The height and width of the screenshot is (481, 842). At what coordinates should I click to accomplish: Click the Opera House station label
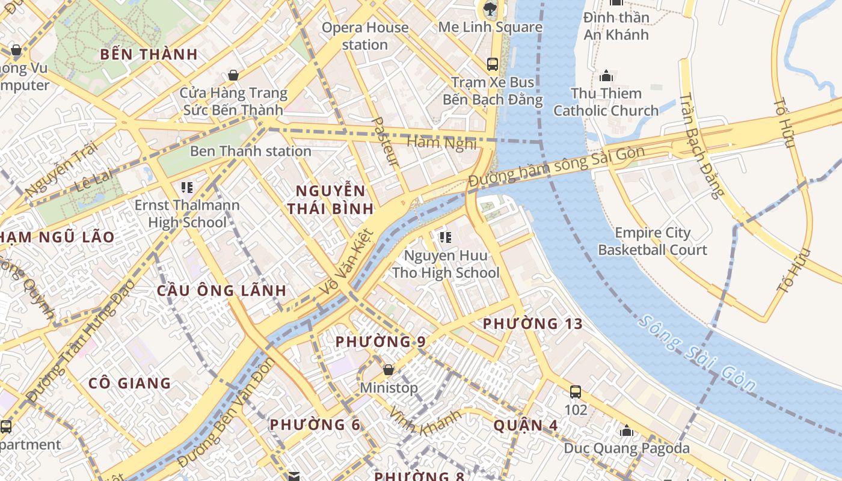[365, 36]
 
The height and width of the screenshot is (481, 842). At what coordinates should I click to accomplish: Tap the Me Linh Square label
[490, 27]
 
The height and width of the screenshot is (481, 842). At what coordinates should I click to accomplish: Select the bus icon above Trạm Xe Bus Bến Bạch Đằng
[493, 64]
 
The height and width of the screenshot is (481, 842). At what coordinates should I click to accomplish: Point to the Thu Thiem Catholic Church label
[606, 102]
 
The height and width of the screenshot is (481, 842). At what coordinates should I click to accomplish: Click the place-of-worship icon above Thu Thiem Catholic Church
[606, 76]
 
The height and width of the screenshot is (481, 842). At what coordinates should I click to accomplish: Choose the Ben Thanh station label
[250, 151]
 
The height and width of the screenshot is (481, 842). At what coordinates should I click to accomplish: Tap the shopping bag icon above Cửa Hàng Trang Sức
[233, 75]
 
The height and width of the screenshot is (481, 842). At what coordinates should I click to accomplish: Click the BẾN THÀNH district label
[149, 54]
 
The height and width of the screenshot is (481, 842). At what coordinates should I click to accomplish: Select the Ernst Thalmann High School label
[186, 213]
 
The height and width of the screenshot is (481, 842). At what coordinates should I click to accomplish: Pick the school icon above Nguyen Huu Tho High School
[446, 237]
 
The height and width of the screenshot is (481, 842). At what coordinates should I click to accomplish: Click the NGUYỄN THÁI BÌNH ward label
[330, 200]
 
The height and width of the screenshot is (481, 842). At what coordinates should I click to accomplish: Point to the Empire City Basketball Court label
[653, 241]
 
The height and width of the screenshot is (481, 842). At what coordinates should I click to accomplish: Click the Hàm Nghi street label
[442, 143]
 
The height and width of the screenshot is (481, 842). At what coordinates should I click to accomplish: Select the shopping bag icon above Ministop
[389, 369]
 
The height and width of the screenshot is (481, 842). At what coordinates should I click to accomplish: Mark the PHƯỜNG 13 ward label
[533, 324]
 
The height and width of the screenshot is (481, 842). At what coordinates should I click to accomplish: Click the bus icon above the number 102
[576, 392]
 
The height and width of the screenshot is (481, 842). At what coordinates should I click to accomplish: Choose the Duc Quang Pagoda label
[627, 448]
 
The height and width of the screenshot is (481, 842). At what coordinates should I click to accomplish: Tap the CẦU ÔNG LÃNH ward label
[221, 290]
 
